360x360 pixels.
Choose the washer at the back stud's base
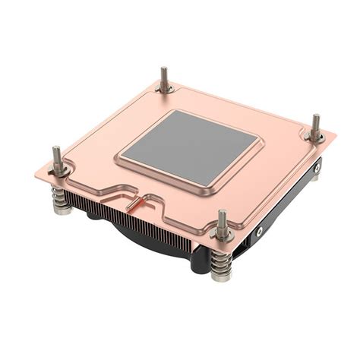tap(165, 90)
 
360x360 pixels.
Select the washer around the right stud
tap(314, 137)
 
